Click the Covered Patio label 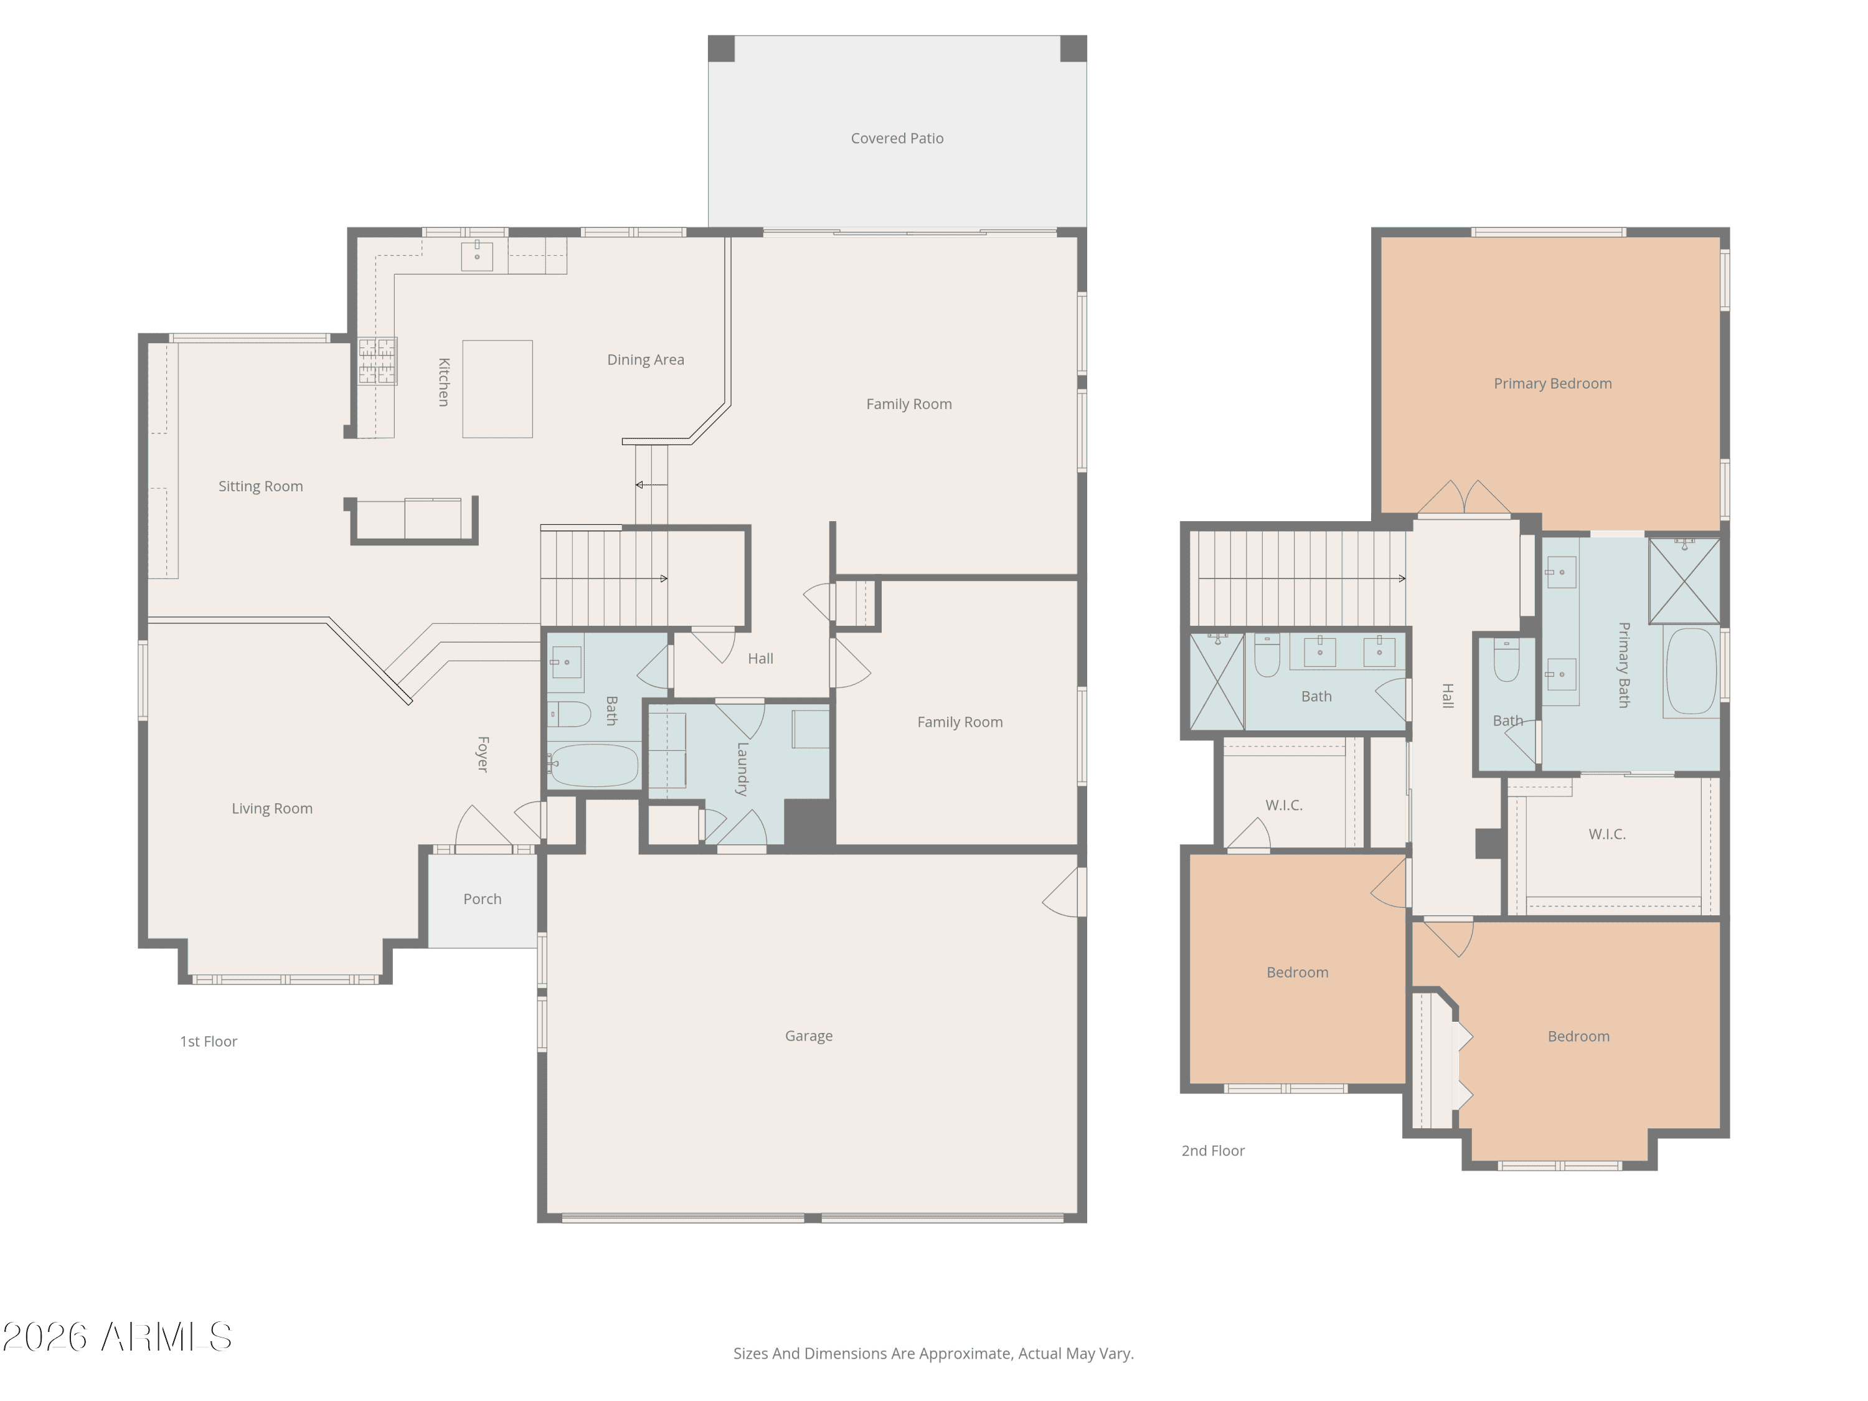pyautogui.click(x=897, y=138)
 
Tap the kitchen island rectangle pyautogui.click(x=498, y=389)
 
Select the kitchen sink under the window pyautogui.click(x=477, y=256)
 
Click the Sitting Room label pyautogui.click(x=261, y=486)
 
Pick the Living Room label pyautogui.click(x=272, y=808)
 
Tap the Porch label pyautogui.click(x=482, y=899)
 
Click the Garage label pyautogui.click(x=809, y=1036)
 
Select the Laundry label pyautogui.click(x=742, y=770)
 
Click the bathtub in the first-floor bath pyautogui.click(x=593, y=765)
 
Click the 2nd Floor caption pyautogui.click(x=1213, y=1151)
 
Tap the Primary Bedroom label pyautogui.click(x=1553, y=384)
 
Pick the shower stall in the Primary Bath pyautogui.click(x=1685, y=581)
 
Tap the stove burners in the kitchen pyautogui.click(x=377, y=361)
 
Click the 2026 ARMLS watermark pyautogui.click(x=118, y=1337)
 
